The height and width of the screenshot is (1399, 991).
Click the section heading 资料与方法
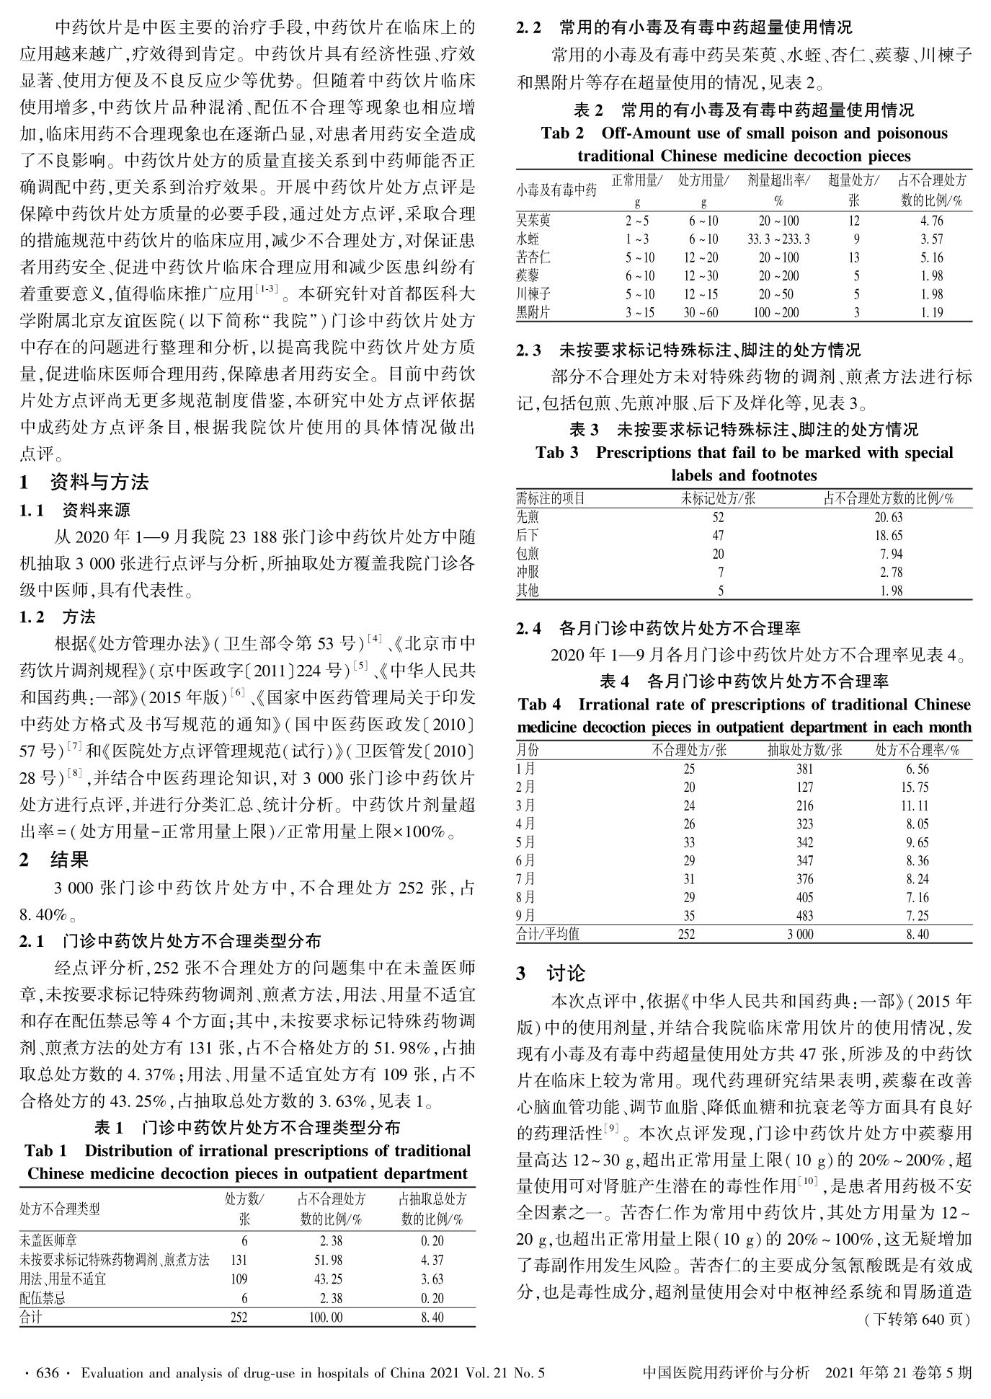click(99, 482)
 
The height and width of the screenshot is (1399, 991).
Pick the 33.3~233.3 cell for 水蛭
click(778, 239)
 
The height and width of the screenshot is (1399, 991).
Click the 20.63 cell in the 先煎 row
click(889, 517)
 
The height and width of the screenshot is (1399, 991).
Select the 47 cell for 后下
click(718, 536)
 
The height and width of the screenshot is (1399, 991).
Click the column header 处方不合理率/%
click(917, 750)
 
